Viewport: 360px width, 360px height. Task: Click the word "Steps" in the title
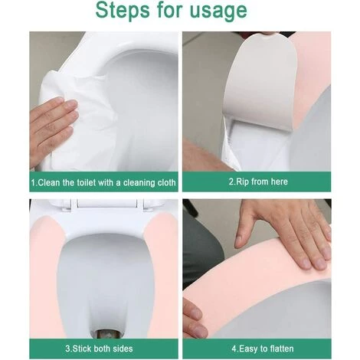point(123,11)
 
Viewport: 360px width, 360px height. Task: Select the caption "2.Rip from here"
point(258,182)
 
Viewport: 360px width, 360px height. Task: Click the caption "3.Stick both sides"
point(99,349)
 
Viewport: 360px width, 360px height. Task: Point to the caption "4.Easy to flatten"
point(263,349)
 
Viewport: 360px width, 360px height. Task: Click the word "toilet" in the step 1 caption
point(87,183)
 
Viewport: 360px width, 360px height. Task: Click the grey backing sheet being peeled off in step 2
point(260,82)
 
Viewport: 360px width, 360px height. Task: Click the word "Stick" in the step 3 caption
point(82,349)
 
